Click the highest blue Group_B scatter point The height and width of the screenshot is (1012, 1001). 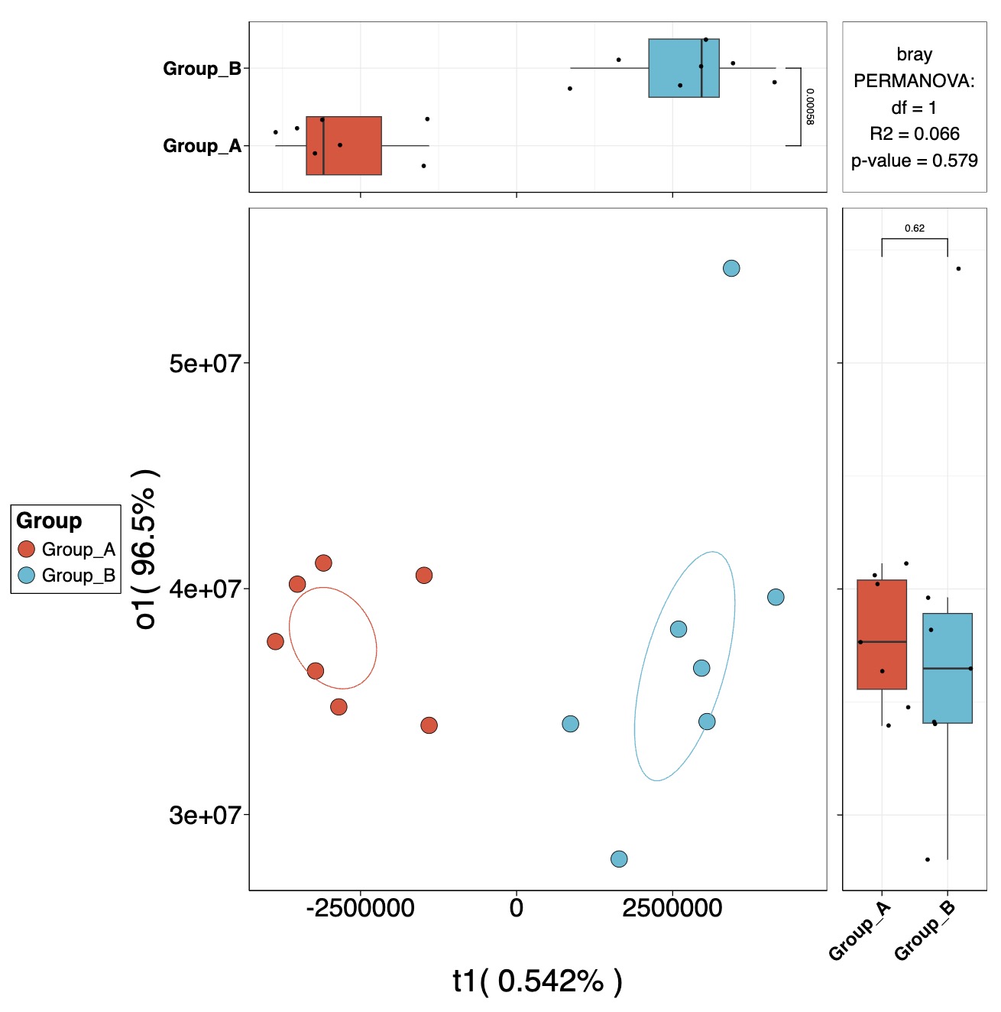click(731, 268)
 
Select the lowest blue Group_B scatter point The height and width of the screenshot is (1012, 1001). click(619, 859)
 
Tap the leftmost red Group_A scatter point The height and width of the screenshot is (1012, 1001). click(275, 641)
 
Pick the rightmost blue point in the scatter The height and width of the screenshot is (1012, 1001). click(776, 597)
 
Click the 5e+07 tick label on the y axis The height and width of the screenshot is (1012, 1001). click(205, 363)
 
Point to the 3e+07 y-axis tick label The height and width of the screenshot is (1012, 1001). click(205, 816)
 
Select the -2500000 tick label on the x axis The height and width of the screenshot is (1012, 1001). click(360, 908)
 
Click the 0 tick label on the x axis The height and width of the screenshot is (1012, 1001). click(517, 908)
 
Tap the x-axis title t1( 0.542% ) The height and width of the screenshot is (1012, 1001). click(537, 981)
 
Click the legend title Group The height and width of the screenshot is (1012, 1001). click(49, 521)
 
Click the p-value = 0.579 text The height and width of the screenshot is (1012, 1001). click(914, 161)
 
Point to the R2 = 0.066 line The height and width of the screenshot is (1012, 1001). click(914, 134)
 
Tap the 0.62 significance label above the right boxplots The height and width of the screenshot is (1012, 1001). click(914, 228)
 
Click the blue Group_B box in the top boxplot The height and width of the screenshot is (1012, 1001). click(683, 68)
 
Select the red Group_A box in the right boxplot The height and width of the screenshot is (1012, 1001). click(882, 634)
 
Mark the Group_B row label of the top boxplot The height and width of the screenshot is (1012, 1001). click(202, 69)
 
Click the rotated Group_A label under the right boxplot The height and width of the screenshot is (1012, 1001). click(860, 930)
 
